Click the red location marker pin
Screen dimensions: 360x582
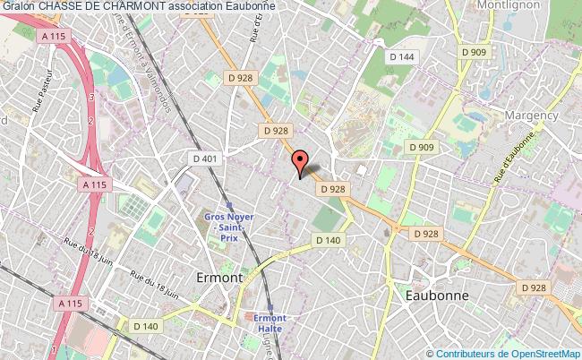tap(301, 163)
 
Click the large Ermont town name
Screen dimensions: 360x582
tap(218, 278)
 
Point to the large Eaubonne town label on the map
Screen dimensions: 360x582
tap(437, 295)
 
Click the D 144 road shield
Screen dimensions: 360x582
tap(403, 56)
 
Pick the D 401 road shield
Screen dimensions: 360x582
tap(205, 159)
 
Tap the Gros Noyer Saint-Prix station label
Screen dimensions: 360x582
tap(229, 229)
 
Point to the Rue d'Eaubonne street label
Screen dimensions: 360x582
tap(517, 155)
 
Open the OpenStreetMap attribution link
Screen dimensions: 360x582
tap(541, 353)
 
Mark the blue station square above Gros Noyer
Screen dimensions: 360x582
tap(230, 205)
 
